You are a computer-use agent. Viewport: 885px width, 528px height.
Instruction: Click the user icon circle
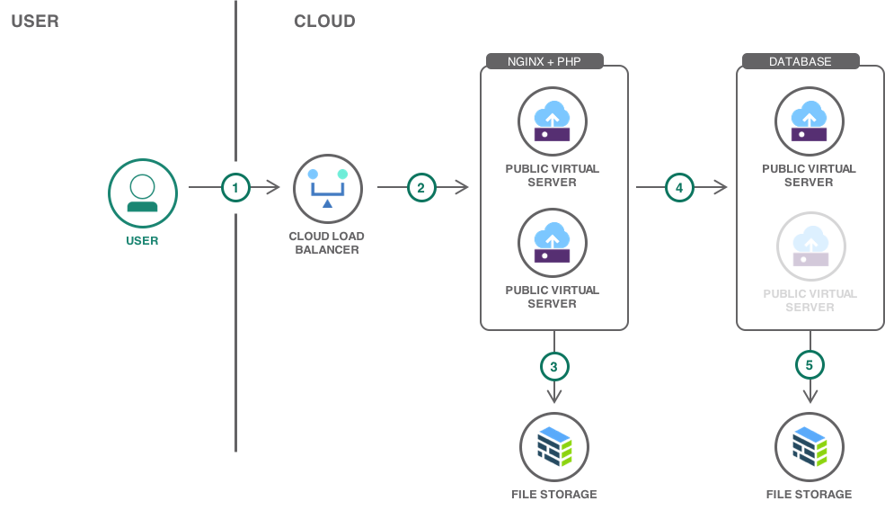click(x=143, y=193)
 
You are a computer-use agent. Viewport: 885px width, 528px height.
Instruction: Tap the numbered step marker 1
click(x=235, y=188)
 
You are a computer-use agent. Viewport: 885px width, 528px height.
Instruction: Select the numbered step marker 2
click(x=420, y=188)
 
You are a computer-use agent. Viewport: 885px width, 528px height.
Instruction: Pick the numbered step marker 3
click(x=554, y=366)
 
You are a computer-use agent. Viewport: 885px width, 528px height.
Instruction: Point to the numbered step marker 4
click(x=679, y=188)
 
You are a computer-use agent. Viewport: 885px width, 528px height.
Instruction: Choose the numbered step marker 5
click(x=810, y=365)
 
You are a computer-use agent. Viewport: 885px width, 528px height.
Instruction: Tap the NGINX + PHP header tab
click(x=544, y=62)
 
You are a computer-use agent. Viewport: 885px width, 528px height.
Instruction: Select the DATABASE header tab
click(x=800, y=62)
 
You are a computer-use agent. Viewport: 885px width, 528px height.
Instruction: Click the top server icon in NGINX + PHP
click(x=552, y=121)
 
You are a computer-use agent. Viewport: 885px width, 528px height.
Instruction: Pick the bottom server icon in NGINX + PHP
click(x=552, y=243)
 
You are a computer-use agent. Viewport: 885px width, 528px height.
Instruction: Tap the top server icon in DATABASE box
click(x=809, y=121)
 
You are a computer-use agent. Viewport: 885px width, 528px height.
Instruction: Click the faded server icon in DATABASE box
click(x=810, y=246)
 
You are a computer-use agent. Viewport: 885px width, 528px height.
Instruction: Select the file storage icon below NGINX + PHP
click(x=554, y=446)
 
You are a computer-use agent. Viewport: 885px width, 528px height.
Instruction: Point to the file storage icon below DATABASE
click(x=810, y=446)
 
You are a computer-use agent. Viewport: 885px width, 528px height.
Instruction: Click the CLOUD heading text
click(x=324, y=22)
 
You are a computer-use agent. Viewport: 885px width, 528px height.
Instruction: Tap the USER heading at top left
click(x=35, y=22)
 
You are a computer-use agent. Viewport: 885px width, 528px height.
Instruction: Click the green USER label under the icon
click(x=142, y=241)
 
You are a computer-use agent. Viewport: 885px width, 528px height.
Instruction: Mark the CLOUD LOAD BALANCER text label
click(x=327, y=243)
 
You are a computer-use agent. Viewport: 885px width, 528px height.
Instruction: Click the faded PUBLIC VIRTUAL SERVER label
click(x=810, y=300)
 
